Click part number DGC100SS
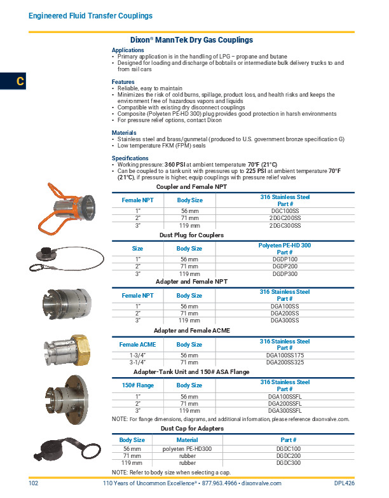[x=285, y=210]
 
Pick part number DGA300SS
[x=285, y=321]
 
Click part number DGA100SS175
[x=285, y=355]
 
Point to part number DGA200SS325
[x=285, y=362]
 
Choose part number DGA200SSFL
[x=285, y=403]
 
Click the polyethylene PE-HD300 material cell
[x=187, y=448]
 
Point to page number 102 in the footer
[x=34, y=484]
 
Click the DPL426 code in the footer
[x=344, y=484]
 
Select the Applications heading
[x=128, y=50]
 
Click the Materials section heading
[x=125, y=133]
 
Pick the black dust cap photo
[x=63, y=452]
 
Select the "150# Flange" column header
[x=138, y=385]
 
